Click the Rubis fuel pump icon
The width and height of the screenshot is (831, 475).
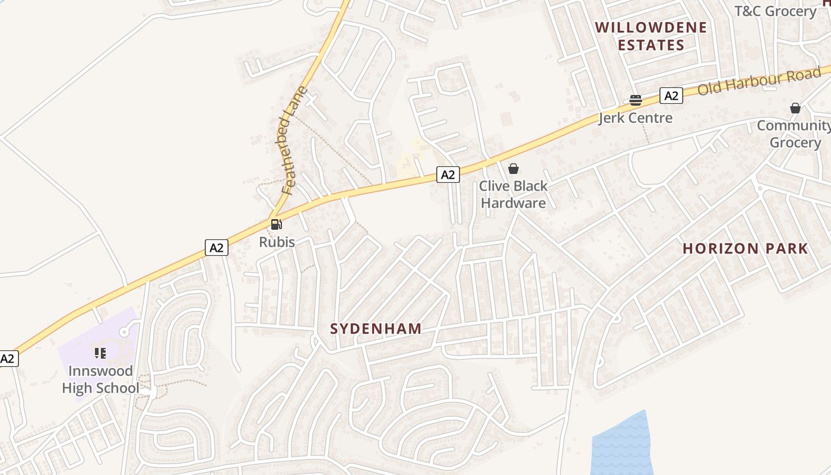[276, 224]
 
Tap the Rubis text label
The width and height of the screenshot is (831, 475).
[277, 242]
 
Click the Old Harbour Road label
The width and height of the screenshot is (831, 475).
[758, 81]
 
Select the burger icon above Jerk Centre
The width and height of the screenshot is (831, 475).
[636, 100]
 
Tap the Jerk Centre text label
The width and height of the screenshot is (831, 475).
[635, 118]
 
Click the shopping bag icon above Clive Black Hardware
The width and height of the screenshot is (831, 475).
[513, 169]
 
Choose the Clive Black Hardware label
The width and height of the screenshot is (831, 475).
[513, 194]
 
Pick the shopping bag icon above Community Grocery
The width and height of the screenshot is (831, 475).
[795, 108]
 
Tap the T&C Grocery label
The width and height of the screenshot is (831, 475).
[775, 11]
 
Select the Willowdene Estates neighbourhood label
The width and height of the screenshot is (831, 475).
[651, 36]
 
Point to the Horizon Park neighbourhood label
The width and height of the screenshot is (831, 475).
[745, 249]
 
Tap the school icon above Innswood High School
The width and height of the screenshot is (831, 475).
[100, 354]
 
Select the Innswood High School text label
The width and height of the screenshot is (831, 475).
[101, 379]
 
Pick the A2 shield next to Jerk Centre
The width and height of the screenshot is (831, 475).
[671, 96]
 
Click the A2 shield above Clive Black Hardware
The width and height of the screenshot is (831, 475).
[448, 175]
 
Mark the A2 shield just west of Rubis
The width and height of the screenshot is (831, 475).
[217, 248]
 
